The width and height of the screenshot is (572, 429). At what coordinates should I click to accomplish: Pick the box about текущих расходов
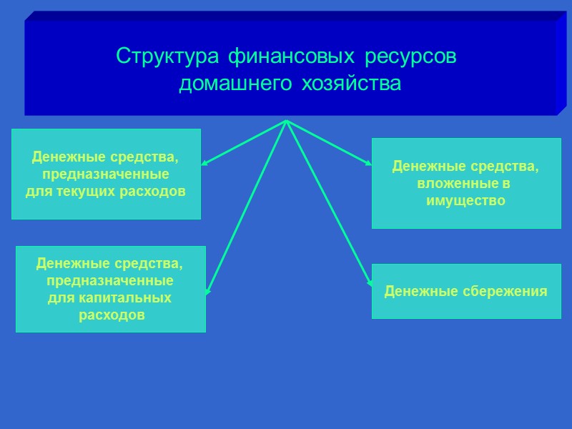(x=106, y=174)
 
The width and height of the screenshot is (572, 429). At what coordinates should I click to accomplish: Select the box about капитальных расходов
(x=110, y=289)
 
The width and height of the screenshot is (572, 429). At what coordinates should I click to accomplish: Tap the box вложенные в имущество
(x=465, y=183)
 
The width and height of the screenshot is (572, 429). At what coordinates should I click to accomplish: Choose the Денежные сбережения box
(x=465, y=291)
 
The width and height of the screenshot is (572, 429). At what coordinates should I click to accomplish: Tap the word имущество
(x=465, y=201)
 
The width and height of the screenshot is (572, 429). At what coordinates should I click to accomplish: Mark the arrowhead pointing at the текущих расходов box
(x=204, y=164)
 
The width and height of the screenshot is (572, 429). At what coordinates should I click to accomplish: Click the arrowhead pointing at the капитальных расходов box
(x=207, y=291)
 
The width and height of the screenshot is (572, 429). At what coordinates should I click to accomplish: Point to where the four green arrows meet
(x=286, y=120)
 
